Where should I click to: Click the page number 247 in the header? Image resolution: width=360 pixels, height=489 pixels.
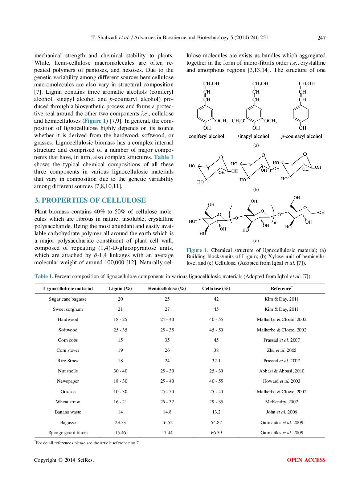pos(321,38)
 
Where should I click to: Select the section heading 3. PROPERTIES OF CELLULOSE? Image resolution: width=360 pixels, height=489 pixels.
pos(90,200)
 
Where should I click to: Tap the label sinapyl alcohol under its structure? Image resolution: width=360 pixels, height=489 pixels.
pos(253,136)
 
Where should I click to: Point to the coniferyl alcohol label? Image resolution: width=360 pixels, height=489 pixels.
pos(206,136)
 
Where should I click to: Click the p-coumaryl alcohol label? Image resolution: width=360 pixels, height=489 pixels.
pos(302,136)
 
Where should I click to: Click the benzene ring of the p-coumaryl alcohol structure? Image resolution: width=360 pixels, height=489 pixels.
pos(300,114)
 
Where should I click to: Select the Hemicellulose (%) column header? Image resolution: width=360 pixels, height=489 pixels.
pos(167,289)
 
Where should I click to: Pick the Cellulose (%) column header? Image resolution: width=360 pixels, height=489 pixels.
pos(216,289)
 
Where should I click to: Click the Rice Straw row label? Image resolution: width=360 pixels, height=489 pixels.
pos(68,361)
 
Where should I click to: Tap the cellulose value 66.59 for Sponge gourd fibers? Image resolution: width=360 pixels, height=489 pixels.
pos(216,433)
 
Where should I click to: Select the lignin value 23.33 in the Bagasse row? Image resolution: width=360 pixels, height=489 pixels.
pos(120,423)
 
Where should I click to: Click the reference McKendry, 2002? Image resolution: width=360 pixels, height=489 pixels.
pos(281,402)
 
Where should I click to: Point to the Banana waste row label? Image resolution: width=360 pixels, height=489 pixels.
pos(68,412)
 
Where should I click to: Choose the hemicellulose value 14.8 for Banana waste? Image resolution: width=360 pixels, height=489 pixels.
pos(167,412)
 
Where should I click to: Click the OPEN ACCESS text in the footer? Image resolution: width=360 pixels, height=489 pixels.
pos(306,460)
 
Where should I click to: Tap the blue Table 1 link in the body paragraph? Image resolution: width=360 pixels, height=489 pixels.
pos(163,157)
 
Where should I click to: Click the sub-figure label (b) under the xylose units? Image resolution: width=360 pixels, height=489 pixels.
pos(256,190)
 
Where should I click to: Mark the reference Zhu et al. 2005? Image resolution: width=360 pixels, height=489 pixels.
pos(281,350)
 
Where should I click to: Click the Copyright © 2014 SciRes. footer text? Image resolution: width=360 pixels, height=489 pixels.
pos(64,460)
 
